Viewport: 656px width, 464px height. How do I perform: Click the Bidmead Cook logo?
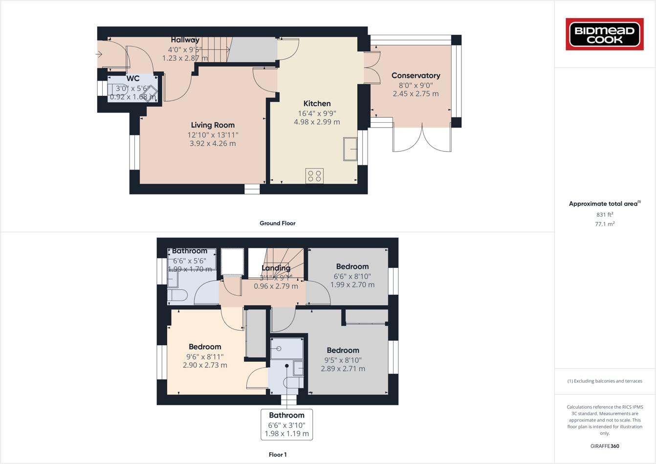click(x=605, y=34)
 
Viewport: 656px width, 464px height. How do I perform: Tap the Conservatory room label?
click(x=415, y=76)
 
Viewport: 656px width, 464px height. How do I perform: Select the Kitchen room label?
click(x=317, y=104)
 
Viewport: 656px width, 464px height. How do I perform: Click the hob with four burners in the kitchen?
click(x=314, y=176)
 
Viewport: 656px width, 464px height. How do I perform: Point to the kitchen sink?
click(x=350, y=149)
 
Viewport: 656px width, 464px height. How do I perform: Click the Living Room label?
click(x=213, y=125)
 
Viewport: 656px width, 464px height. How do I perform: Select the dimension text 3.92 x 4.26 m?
click(x=213, y=144)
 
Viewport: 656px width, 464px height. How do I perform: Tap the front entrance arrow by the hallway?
click(x=99, y=54)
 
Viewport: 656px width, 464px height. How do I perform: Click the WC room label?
click(x=133, y=79)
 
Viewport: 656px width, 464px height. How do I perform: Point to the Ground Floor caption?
click(x=277, y=223)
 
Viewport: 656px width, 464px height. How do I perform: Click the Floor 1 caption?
click(x=277, y=455)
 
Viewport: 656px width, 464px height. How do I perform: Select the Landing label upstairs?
click(x=276, y=268)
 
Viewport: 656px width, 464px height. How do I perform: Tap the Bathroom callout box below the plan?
click(x=286, y=424)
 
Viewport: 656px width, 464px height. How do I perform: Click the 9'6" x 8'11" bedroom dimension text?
click(x=205, y=357)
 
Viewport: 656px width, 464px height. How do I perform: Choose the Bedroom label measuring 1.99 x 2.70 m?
click(x=352, y=266)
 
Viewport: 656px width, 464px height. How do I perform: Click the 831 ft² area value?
click(x=605, y=215)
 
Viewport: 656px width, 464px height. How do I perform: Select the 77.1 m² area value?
click(x=605, y=224)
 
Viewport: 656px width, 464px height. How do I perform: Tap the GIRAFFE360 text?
click(x=605, y=446)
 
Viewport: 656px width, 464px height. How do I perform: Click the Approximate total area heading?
click(x=604, y=204)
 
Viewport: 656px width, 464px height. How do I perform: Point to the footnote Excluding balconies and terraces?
click(x=605, y=381)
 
